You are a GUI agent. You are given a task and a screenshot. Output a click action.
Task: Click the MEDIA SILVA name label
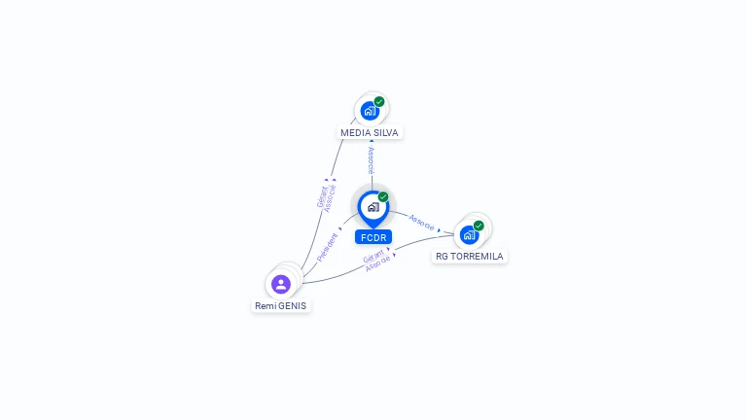tap(369, 132)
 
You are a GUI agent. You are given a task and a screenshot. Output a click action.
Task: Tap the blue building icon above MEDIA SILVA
tap(369, 111)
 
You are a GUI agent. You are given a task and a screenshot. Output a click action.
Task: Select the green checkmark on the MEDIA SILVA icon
tap(379, 101)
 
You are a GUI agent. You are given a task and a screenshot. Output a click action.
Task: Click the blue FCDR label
tap(373, 237)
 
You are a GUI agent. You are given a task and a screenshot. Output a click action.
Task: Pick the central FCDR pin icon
tap(373, 207)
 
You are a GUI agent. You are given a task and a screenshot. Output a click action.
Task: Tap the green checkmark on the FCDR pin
tap(383, 196)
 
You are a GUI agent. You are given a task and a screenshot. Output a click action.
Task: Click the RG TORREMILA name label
tap(470, 257)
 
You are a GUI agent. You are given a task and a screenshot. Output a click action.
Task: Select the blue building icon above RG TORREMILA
tap(469, 235)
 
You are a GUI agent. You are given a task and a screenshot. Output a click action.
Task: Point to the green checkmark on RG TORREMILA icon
tap(479, 226)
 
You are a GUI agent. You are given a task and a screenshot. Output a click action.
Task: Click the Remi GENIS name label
tap(281, 305)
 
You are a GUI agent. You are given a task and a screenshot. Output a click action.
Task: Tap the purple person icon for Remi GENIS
tap(281, 284)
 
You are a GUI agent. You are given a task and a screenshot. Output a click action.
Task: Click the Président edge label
tap(327, 247)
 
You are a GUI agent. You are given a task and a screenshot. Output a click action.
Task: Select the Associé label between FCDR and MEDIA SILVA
tap(371, 160)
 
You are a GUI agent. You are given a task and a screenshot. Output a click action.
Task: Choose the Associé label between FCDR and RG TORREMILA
tap(422, 222)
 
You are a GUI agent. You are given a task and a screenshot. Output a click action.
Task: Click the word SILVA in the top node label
tap(383, 132)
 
